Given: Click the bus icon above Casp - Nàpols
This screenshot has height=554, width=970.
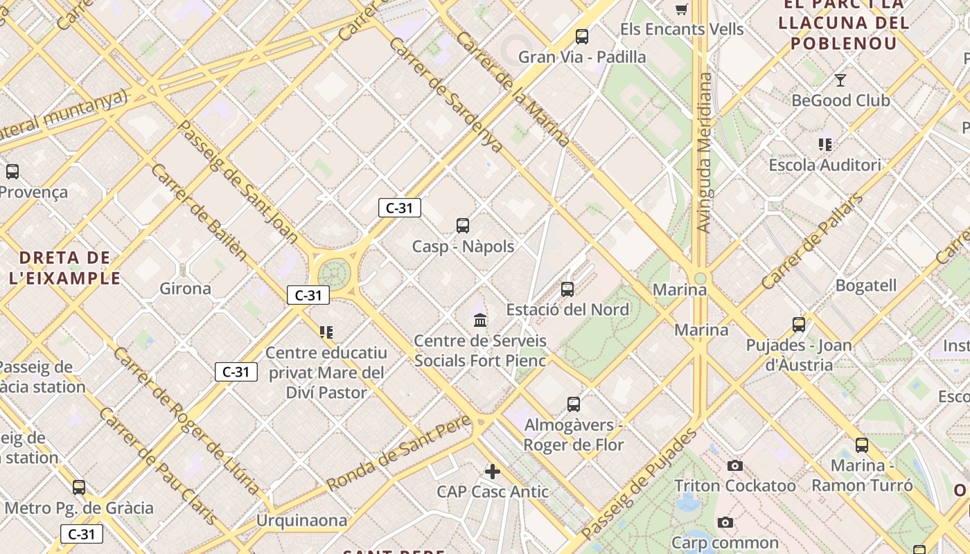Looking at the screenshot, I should (x=463, y=225).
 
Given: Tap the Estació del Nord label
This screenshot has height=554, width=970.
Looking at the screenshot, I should (x=567, y=310).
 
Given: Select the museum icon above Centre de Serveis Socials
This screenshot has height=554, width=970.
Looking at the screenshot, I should (x=480, y=320).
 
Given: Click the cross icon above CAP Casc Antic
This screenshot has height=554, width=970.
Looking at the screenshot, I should (x=493, y=472).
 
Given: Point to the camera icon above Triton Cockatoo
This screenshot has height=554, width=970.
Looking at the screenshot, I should (x=735, y=466).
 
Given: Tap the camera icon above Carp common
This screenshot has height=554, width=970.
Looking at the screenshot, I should (x=725, y=522).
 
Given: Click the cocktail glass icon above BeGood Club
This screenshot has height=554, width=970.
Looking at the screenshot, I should (x=840, y=80).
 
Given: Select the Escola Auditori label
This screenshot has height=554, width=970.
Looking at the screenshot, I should (x=824, y=166).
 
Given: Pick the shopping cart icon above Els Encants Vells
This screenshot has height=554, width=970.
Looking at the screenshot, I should (x=682, y=9).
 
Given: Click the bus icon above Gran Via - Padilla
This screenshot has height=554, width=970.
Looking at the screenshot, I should (x=582, y=37).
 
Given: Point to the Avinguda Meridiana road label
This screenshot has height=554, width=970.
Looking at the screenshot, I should (x=705, y=152).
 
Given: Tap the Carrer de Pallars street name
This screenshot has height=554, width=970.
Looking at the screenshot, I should (x=812, y=241).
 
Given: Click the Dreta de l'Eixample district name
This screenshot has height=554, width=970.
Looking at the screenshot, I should (x=65, y=268).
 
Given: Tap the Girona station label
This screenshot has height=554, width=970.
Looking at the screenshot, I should (x=185, y=289).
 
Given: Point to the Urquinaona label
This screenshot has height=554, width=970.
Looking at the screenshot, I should (x=301, y=520).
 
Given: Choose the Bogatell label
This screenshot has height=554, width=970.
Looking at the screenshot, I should (x=865, y=285).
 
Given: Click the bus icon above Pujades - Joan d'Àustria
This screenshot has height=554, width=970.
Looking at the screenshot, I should (x=799, y=324).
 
